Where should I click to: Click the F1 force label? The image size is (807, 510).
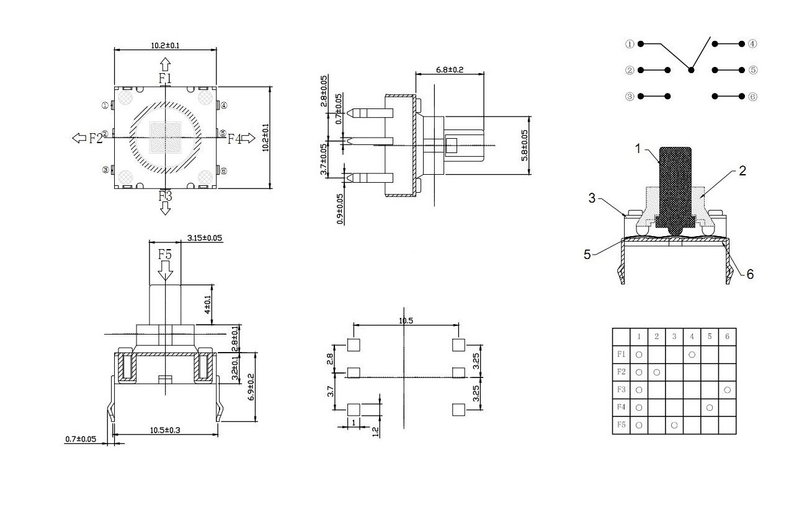pyautogui.click(x=165, y=78)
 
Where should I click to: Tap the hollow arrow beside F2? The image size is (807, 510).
pyautogui.click(x=79, y=138)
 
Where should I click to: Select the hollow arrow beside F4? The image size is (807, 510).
pyautogui.click(x=248, y=138)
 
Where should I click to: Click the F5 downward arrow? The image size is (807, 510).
pyautogui.click(x=165, y=270)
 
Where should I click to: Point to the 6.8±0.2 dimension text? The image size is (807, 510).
pyautogui.click(x=450, y=69)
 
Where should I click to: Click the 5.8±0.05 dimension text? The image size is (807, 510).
pyautogui.click(x=525, y=146)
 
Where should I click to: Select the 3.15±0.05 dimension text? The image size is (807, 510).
pyautogui.click(x=205, y=238)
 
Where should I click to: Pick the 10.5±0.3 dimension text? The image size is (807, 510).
pyautogui.click(x=164, y=430)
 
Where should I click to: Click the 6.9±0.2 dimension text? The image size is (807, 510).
pyautogui.click(x=252, y=387)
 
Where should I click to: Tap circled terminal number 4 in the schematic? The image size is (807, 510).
pyautogui.click(x=752, y=44)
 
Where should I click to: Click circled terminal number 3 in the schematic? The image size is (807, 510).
pyautogui.click(x=630, y=97)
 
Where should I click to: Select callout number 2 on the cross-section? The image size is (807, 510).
pyautogui.click(x=742, y=171)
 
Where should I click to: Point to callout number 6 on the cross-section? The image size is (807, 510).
pyautogui.click(x=750, y=273)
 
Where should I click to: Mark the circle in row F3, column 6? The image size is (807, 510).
pyautogui.click(x=727, y=390)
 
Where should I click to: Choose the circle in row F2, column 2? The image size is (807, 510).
pyautogui.click(x=656, y=372)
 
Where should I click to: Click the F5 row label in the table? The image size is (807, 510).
pyautogui.click(x=621, y=425)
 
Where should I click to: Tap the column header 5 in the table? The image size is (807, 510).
pyautogui.click(x=710, y=336)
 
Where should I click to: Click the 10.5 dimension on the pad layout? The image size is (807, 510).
pyautogui.click(x=406, y=320)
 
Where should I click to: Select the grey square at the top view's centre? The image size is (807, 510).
pyautogui.click(x=165, y=137)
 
